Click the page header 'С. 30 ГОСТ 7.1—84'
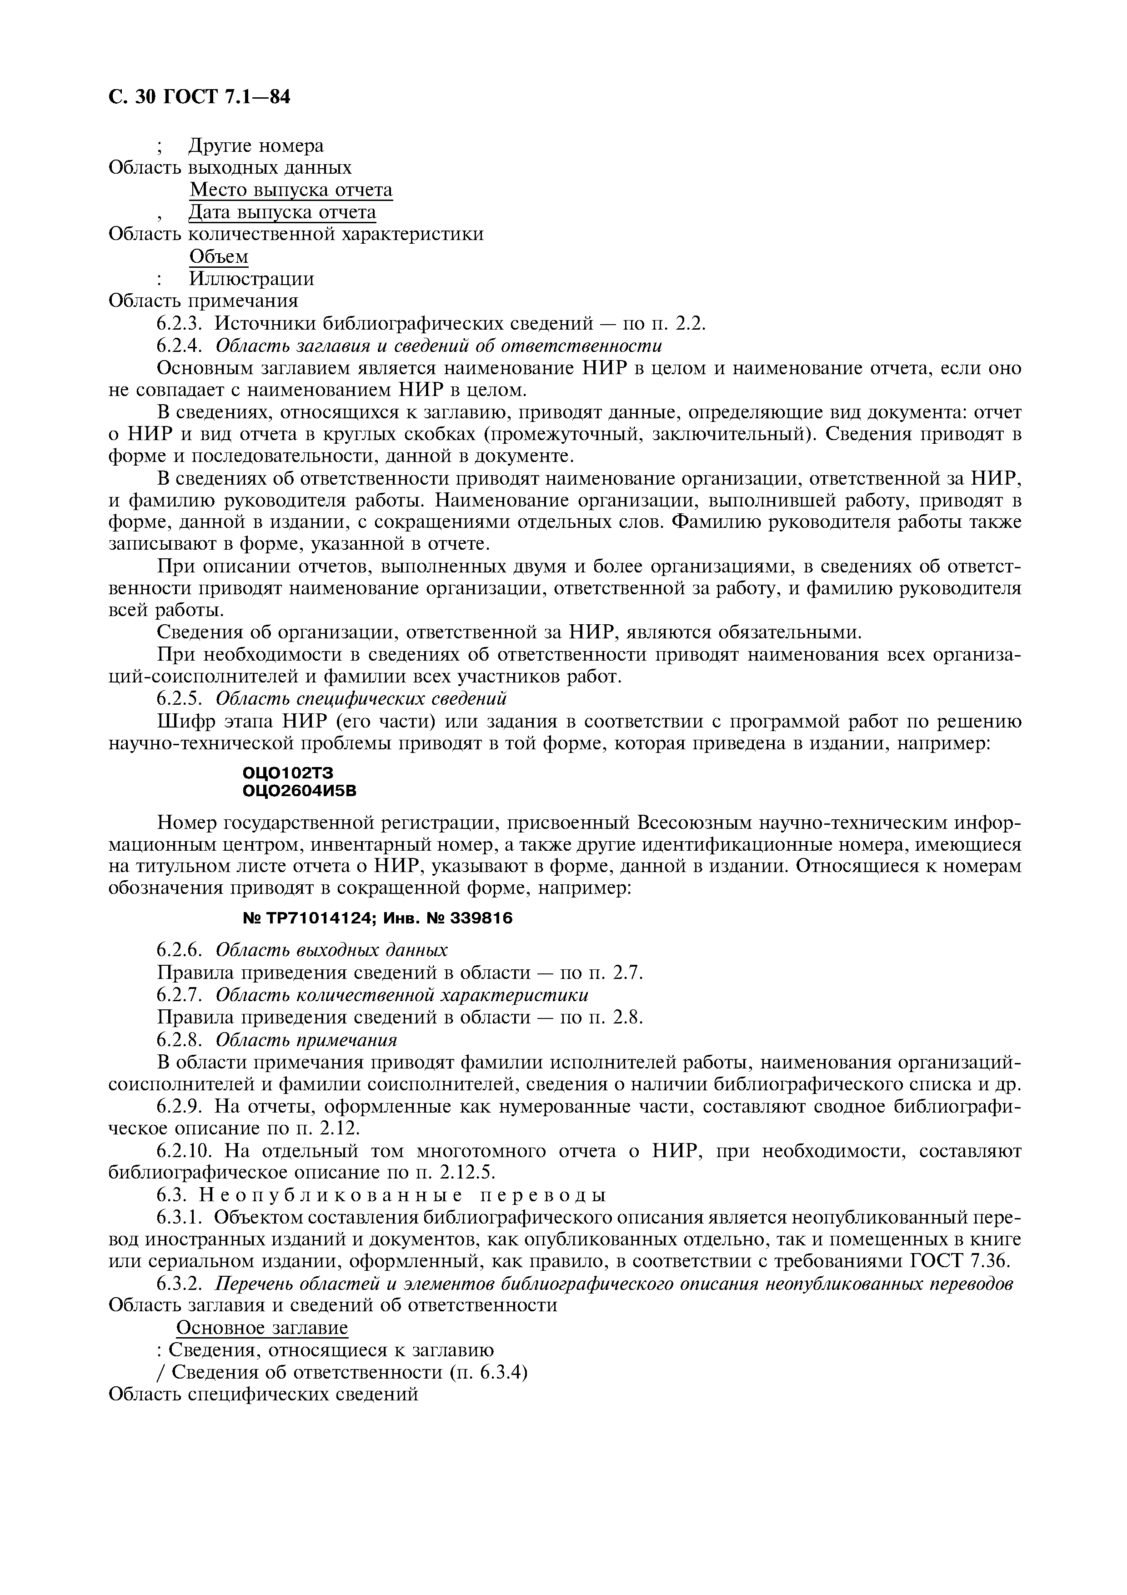click(199, 98)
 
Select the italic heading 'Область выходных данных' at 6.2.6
click(331, 950)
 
